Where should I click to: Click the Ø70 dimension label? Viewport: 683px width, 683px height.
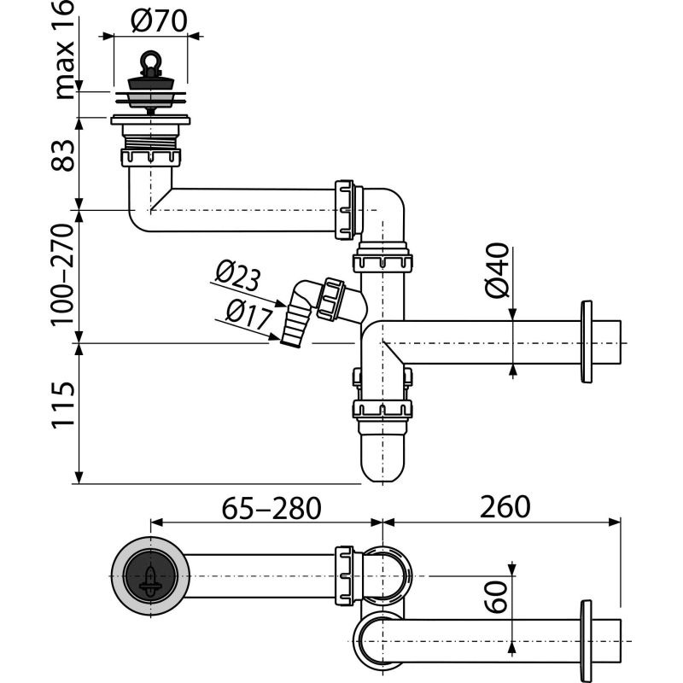160,20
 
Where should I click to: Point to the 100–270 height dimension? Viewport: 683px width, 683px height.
65,276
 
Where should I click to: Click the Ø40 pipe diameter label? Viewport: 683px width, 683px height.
498,271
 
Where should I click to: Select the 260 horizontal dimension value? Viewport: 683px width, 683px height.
504,507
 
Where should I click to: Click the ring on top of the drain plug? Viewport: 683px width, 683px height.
151,62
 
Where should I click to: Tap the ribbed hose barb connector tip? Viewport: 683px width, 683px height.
291,331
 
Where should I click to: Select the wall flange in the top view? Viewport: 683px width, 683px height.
586,640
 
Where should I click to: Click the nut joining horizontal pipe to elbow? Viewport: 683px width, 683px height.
346,209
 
